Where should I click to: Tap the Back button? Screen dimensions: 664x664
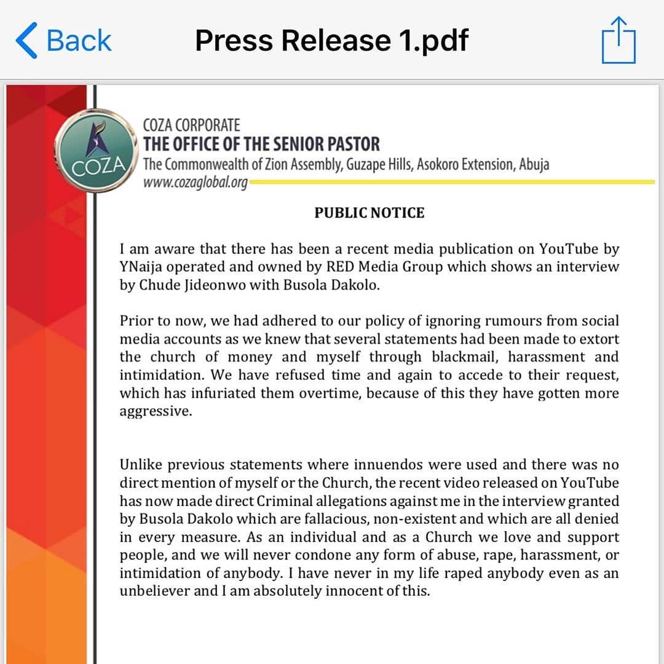coord(64,41)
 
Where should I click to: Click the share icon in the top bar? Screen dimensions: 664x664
coord(619,41)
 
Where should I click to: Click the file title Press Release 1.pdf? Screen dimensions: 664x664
coord(331,41)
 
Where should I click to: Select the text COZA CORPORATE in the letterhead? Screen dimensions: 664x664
coord(191,125)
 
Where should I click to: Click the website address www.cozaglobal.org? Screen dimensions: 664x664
coord(195,183)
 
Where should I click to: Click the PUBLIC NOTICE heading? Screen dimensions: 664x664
coord(370,213)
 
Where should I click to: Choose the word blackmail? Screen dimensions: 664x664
coord(465,357)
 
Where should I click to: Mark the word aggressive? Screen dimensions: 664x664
coord(156,411)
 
